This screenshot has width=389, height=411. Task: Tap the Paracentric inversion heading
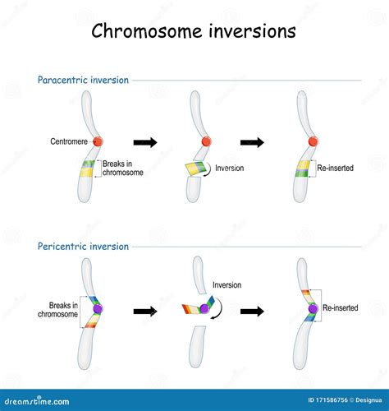83,80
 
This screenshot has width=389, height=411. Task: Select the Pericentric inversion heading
83,247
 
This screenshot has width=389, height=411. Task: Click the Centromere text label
69,141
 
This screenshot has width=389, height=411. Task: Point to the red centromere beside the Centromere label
98,141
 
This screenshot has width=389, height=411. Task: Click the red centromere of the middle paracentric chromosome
206,141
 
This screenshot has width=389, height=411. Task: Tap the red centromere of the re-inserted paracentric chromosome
313,141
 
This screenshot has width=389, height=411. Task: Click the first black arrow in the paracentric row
145,142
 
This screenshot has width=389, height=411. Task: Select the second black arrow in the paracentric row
252,142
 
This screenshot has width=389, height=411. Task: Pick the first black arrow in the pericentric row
145,312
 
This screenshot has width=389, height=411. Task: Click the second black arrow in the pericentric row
252,312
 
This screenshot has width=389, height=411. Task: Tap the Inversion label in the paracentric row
230,168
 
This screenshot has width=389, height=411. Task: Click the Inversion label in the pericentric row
227,285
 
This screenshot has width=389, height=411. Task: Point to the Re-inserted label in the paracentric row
336,168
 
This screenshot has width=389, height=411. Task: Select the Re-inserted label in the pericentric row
341,307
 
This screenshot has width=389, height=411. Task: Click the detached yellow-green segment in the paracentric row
196,168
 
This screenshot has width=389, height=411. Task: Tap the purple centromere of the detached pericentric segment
204,309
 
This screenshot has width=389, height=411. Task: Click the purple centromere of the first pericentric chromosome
98,309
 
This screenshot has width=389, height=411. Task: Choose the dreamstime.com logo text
37,401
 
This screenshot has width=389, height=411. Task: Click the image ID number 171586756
332,400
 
